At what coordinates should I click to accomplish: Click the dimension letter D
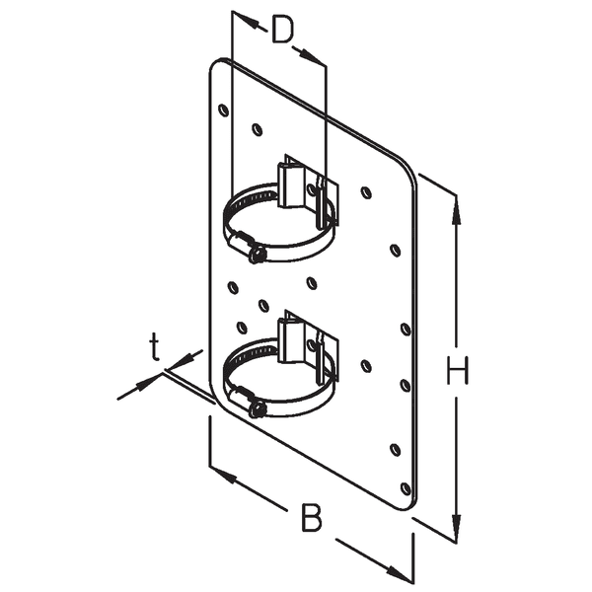(x=283, y=31)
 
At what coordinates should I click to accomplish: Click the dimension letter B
(x=312, y=517)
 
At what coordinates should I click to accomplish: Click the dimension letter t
(x=155, y=346)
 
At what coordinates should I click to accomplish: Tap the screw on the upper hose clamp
(x=255, y=254)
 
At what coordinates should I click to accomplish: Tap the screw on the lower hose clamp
(x=255, y=407)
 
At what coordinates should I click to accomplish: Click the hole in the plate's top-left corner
(x=223, y=109)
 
